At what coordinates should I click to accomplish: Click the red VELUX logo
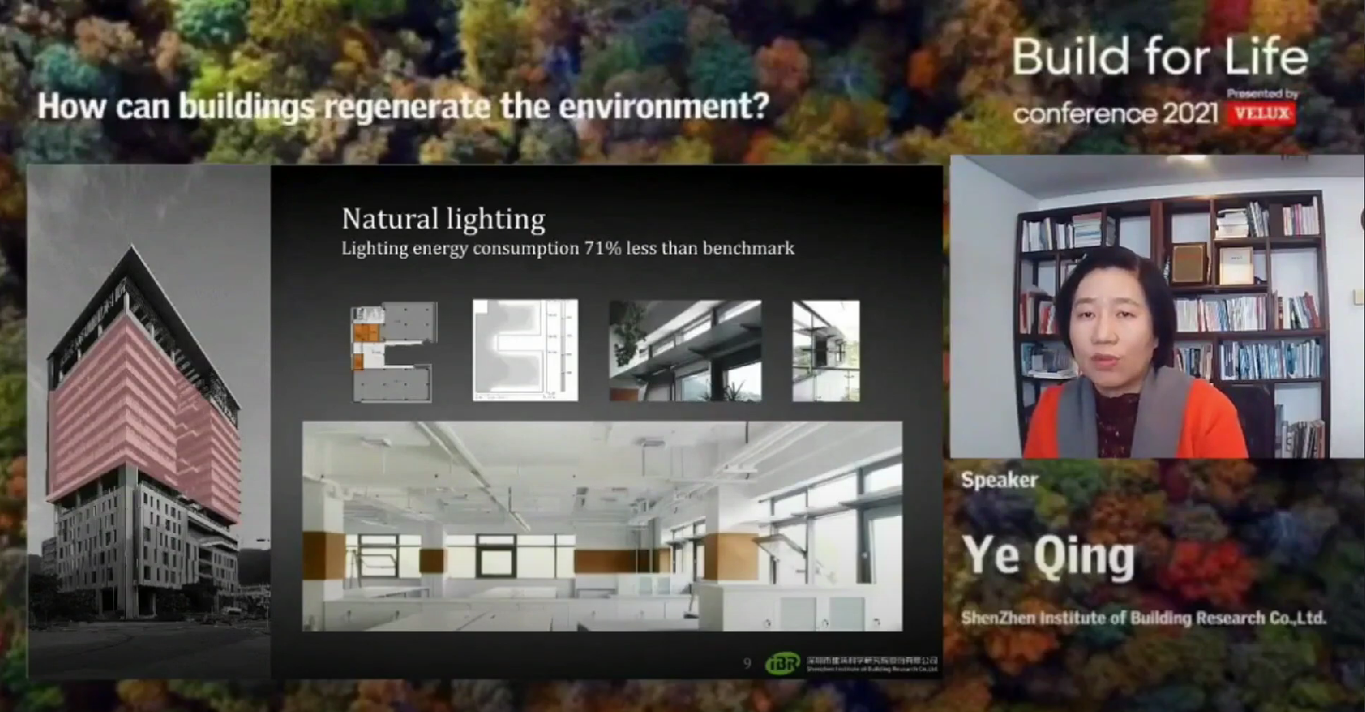click(1260, 113)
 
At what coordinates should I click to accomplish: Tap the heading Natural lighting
click(443, 219)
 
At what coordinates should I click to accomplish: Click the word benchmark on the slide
click(748, 248)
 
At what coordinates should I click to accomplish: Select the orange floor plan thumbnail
click(393, 351)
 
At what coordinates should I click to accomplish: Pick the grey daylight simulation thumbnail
click(524, 350)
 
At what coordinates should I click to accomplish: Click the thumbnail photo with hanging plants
click(685, 350)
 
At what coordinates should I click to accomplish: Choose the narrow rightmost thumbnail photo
click(825, 350)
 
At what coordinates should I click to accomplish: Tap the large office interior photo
click(602, 526)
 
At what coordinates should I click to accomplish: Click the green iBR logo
click(781, 663)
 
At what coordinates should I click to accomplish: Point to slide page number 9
click(747, 664)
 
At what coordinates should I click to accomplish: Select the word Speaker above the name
click(999, 480)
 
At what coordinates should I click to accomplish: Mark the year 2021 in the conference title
click(1189, 114)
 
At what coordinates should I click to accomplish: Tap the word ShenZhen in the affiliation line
click(997, 618)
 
